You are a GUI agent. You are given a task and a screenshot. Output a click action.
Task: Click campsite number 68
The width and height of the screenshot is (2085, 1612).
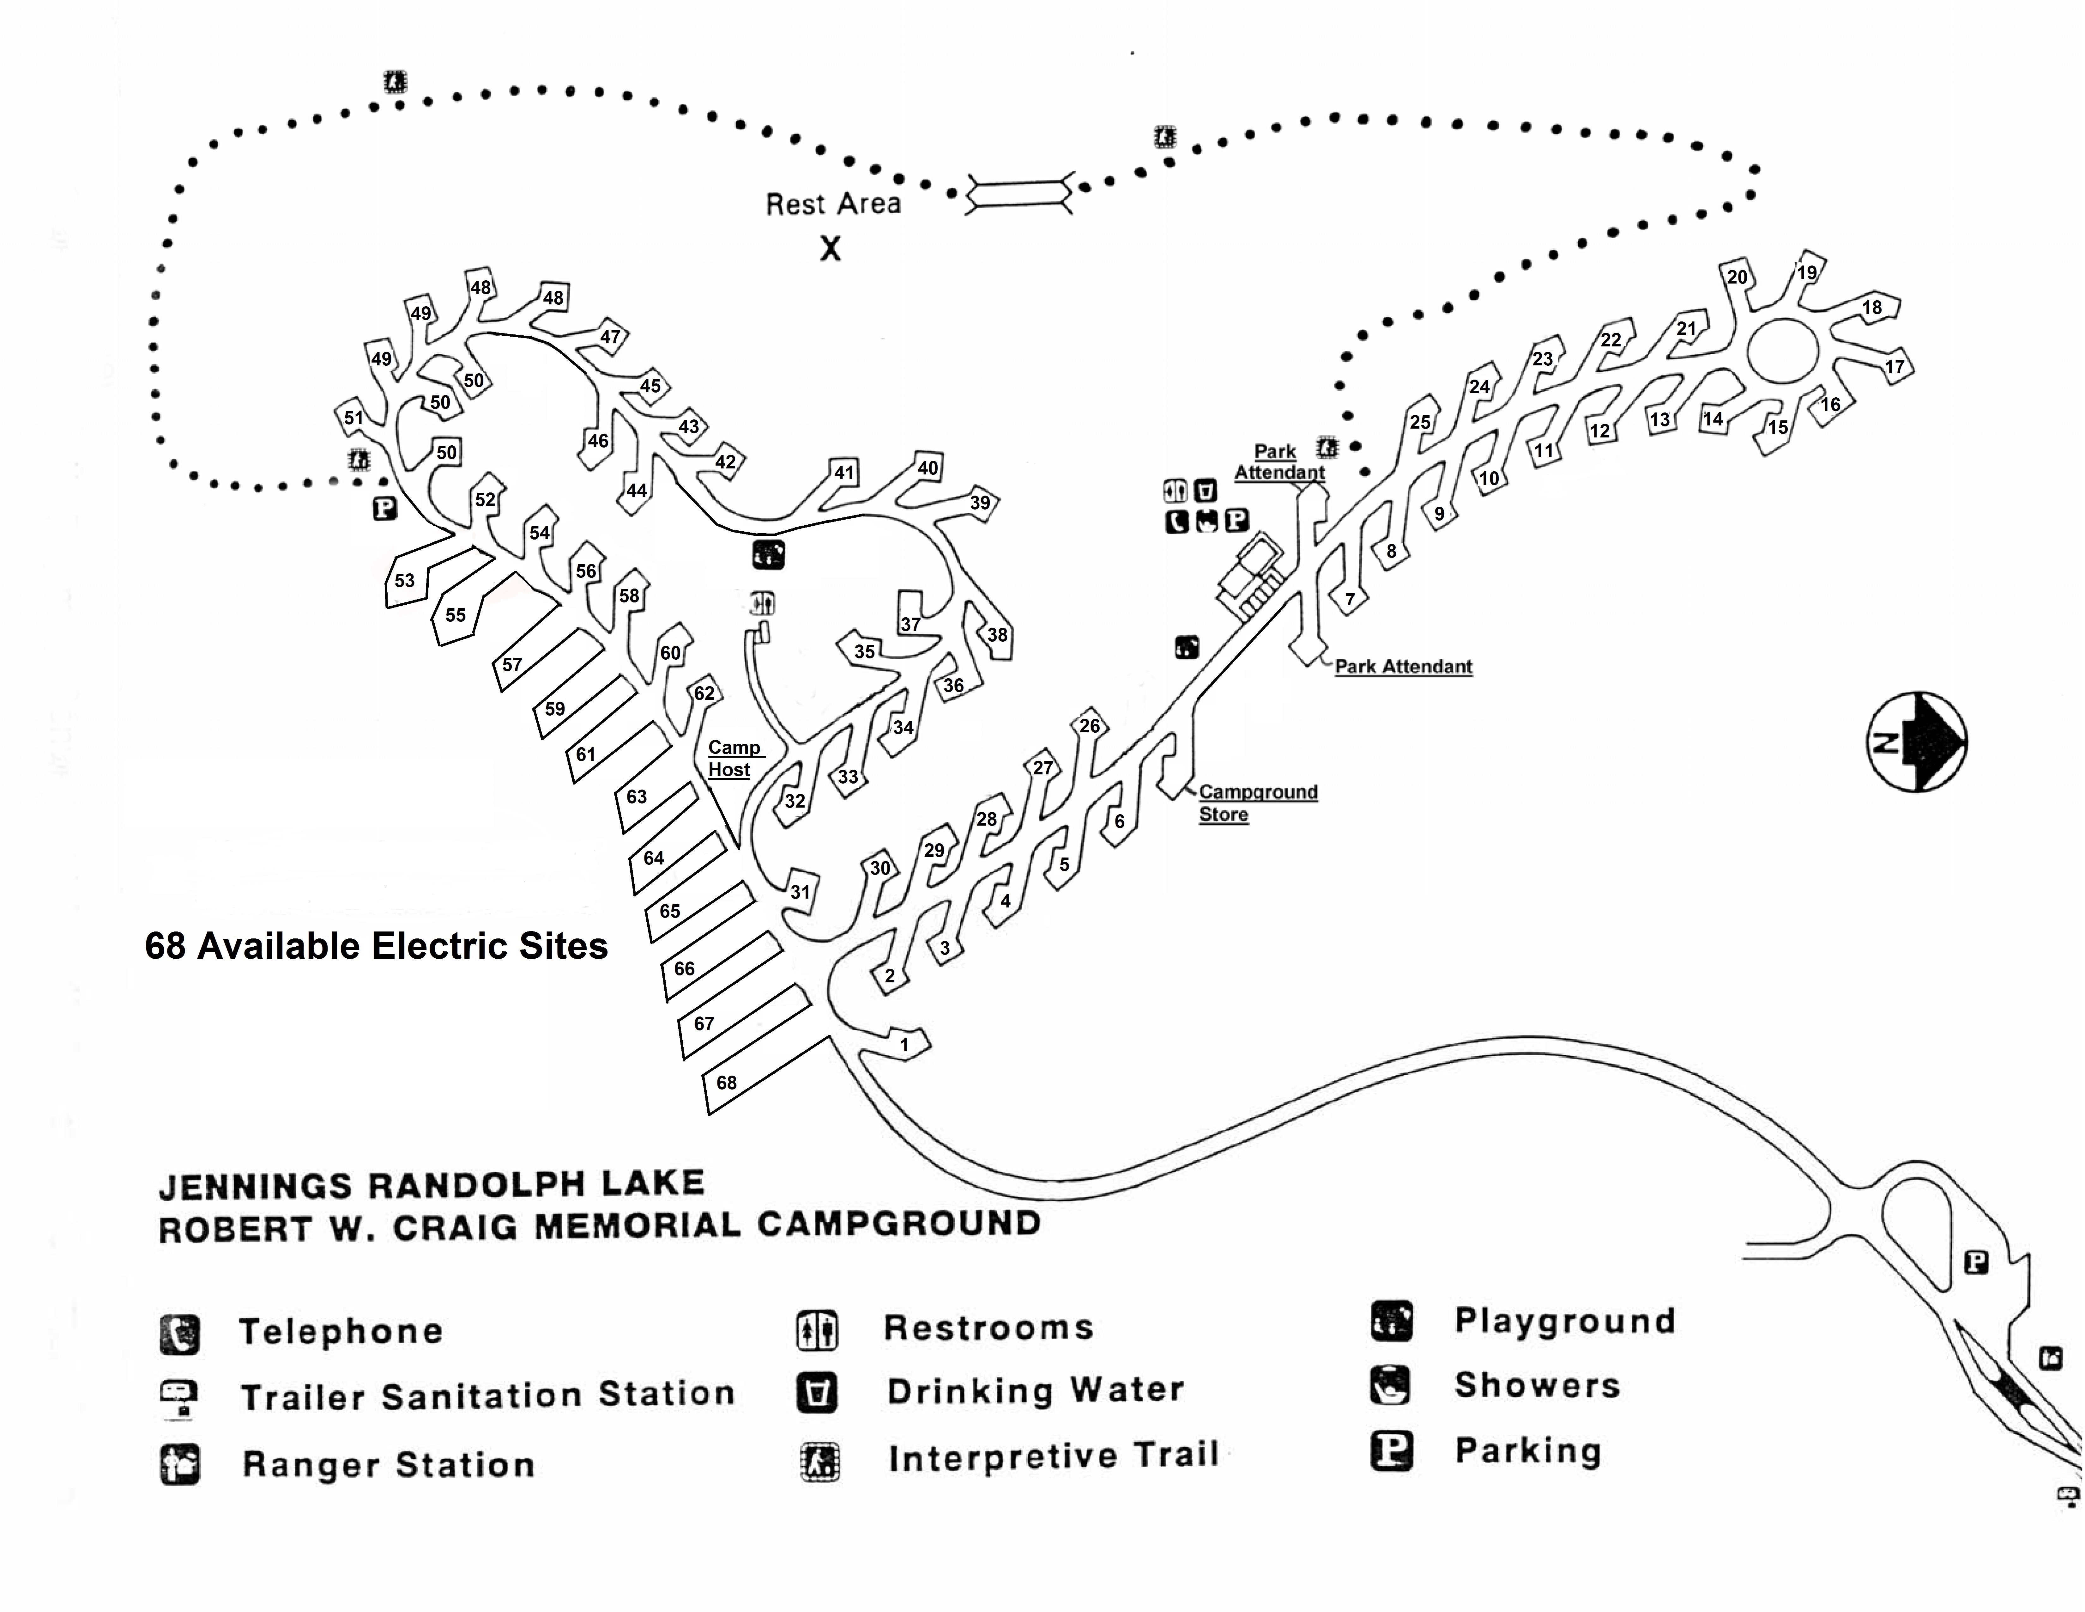tap(727, 1082)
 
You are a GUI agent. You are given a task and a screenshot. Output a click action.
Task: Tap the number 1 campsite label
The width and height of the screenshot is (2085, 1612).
tap(904, 1045)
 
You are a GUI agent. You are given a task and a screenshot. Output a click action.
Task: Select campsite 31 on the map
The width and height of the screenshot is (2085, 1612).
tap(800, 892)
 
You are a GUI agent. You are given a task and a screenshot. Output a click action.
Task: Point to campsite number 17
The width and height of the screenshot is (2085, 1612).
tap(1894, 367)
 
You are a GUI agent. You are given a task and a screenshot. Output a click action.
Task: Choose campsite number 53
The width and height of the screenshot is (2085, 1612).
tap(405, 580)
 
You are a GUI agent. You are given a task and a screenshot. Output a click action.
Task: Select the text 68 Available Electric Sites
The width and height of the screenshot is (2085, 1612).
tap(376, 945)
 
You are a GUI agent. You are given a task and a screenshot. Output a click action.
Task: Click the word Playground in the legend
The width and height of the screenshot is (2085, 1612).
tap(1564, 1321)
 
